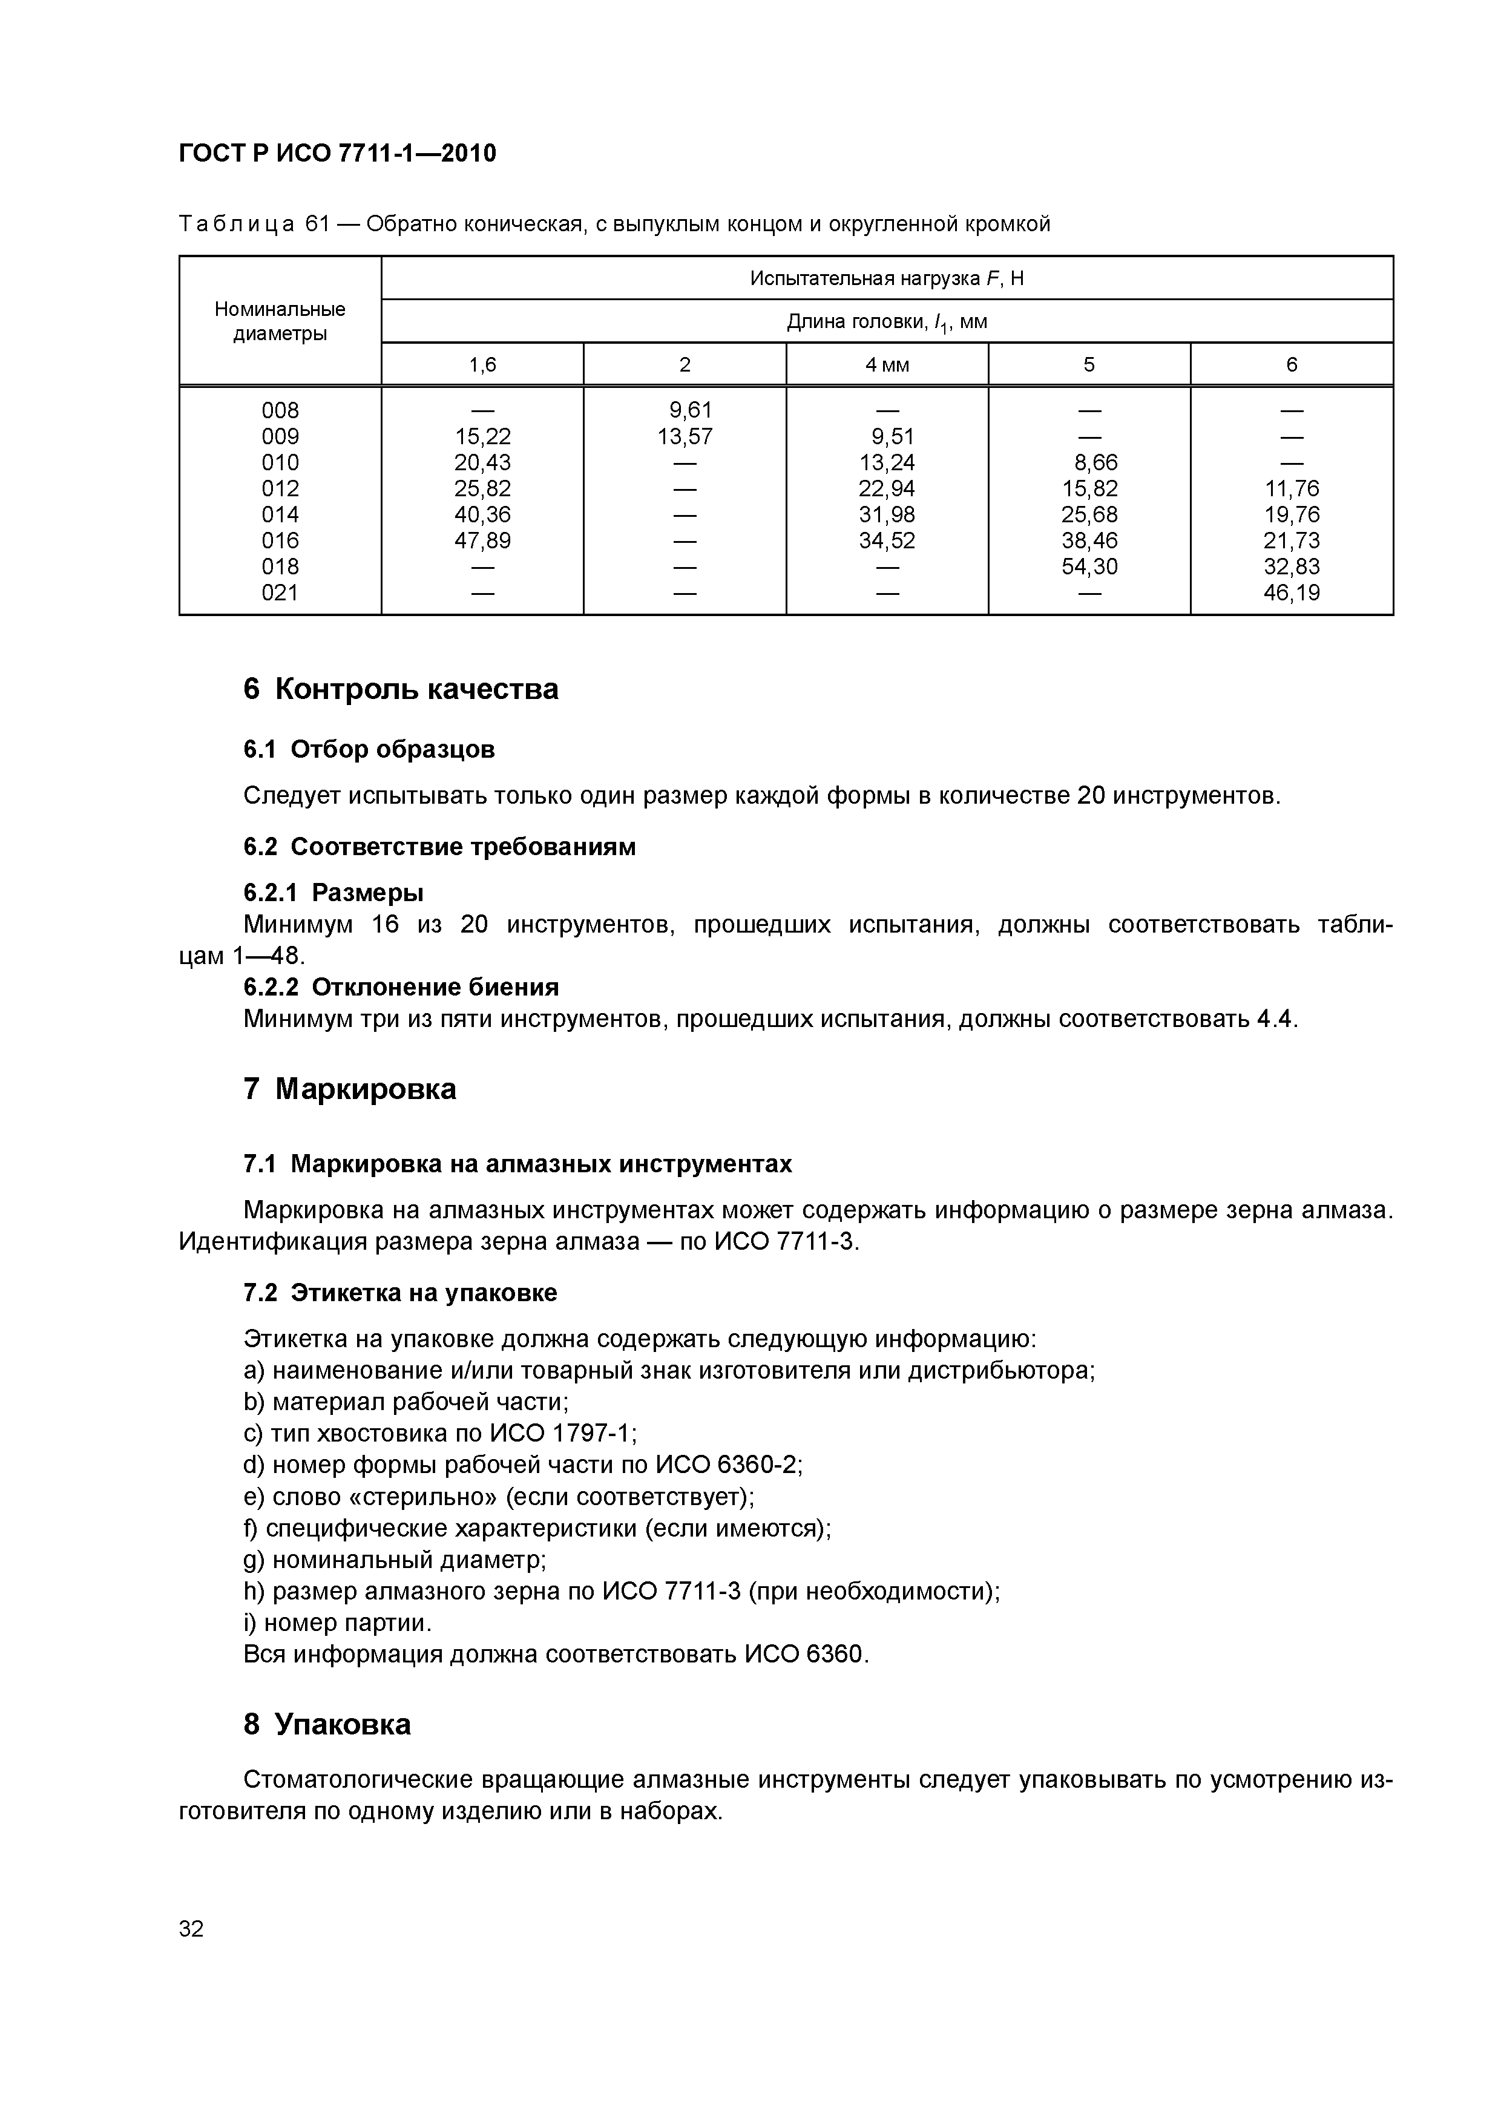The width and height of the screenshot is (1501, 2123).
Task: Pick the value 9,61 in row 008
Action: point(690,410)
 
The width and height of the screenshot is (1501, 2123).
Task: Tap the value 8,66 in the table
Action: point(1095,462)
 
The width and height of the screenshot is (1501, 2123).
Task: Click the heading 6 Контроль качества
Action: point(401,689)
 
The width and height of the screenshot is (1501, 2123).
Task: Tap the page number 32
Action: point(191,1928)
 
